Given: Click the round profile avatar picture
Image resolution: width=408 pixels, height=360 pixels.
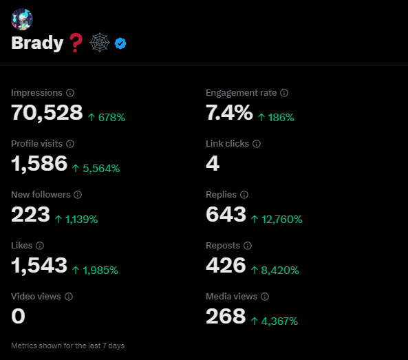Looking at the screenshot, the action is point(22,19).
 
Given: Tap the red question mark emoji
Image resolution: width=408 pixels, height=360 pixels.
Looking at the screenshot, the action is point(76,43).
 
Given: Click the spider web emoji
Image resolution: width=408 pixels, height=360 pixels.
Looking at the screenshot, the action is point(100,43).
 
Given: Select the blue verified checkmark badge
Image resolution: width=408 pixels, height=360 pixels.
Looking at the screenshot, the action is point(120,43).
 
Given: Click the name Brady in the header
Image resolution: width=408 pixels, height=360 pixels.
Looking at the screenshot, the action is point(37,43).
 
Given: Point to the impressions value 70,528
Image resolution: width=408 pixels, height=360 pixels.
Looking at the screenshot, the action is point(47,113).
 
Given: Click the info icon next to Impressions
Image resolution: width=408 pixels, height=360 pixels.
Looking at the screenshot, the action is point(70,93).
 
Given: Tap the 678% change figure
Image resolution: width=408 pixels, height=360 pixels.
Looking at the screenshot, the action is point(111,118).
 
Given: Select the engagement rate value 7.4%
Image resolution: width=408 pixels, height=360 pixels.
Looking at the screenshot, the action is point(229,113).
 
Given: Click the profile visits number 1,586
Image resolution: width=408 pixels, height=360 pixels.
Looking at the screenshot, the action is point(39,163).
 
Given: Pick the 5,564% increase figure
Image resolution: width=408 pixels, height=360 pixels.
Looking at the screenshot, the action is point(101,169).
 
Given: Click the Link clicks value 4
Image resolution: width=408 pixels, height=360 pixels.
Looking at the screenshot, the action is point(213,163).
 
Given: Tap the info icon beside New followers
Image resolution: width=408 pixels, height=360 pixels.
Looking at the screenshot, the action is point(78,194).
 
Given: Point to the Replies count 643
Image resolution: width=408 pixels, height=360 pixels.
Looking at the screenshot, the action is point(226,215).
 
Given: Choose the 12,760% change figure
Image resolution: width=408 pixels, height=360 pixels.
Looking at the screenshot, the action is point(282,220).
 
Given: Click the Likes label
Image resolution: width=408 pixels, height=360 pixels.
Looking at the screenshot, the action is point(21,246).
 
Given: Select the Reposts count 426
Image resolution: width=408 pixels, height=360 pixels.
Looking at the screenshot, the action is point(226,265).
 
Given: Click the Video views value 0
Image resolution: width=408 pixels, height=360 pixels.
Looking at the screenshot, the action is point(18,316).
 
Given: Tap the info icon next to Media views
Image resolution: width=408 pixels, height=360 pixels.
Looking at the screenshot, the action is point(265,297).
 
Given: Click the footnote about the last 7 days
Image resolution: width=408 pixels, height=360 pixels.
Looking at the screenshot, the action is point(67,346).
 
